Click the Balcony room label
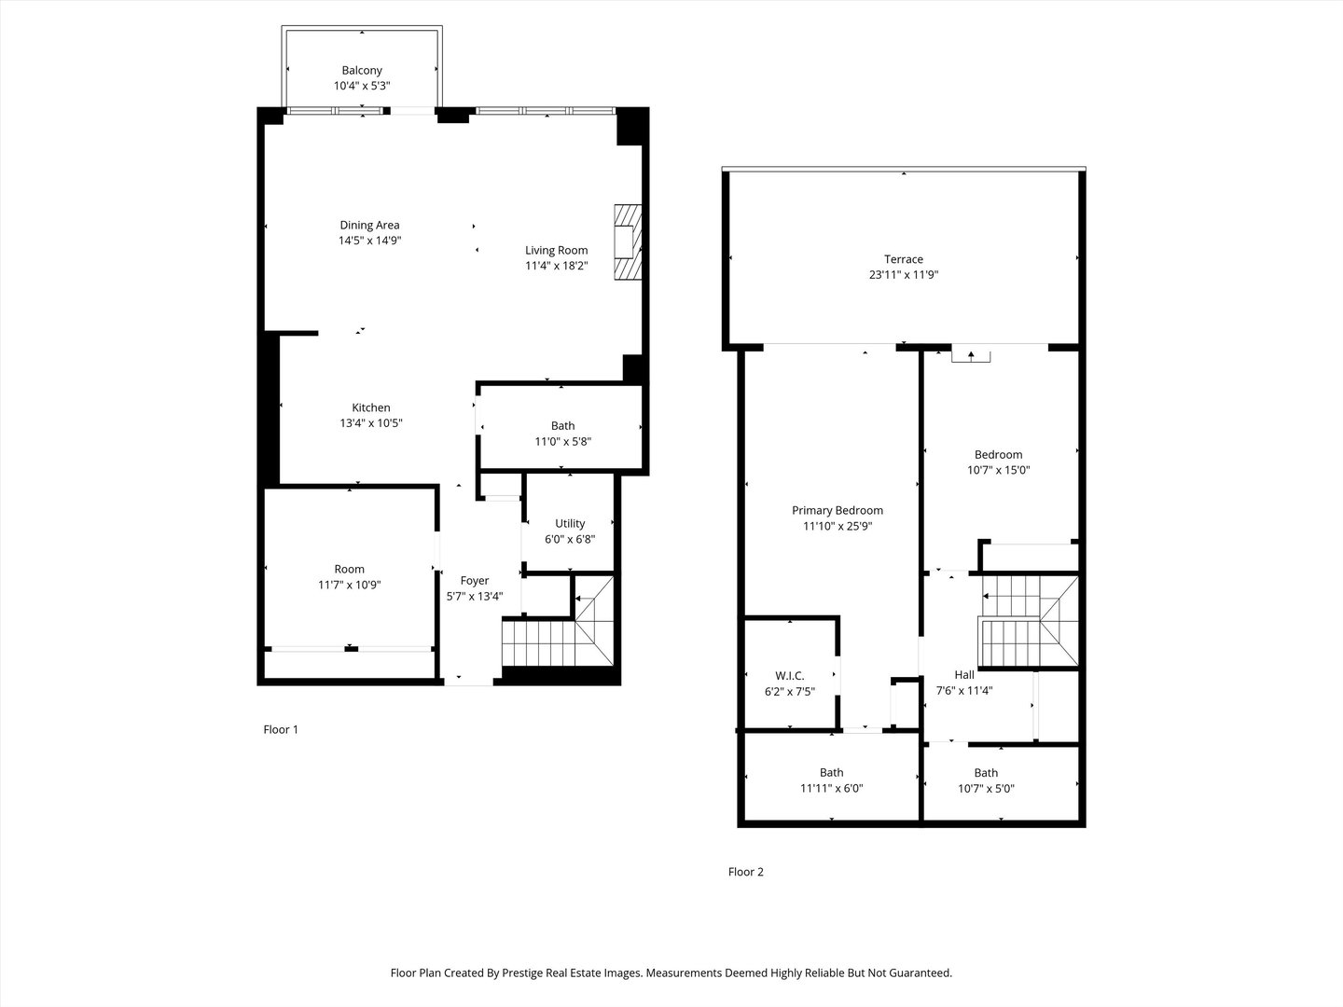point(362,70)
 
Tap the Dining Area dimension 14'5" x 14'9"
point(369,241)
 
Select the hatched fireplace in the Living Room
point(627,241)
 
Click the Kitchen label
point(370,407)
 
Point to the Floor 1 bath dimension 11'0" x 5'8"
point(562,442)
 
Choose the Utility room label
point(570,523)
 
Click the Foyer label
point(475,581)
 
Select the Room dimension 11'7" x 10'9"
point(350,585)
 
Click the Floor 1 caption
point(281,730)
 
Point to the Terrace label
point(904,259)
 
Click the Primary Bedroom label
point(837,510)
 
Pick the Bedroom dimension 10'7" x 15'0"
point(998,471)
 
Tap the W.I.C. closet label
point(789,676)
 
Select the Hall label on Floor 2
point(964,675)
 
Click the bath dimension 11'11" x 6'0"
point(831,789)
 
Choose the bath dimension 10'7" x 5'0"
point(986,789)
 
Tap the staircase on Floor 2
point(1026,622)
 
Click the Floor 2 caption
point(745,873)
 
